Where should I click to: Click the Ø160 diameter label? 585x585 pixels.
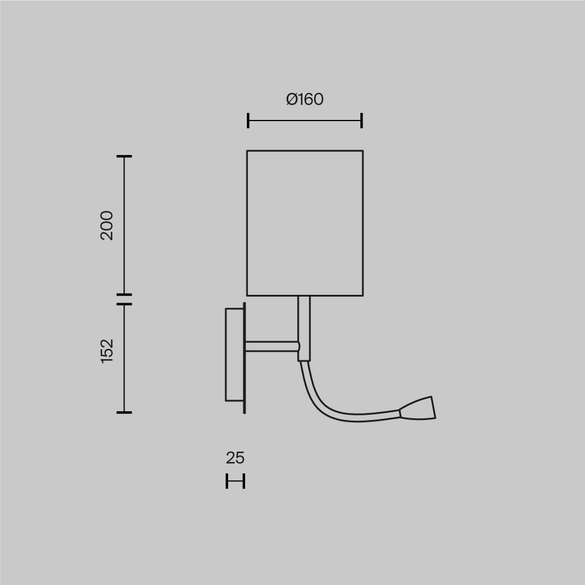coord(305,99)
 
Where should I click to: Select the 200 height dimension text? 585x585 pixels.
coord(107,225)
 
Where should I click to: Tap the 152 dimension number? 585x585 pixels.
coord(107,350)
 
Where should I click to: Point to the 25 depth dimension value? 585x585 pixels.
coord(235,458)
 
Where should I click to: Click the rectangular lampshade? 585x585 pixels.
coord(305,223)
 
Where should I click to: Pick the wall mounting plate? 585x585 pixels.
coord(234,355)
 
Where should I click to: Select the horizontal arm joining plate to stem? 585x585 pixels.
coord(271,346)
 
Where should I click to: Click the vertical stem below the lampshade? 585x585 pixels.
coord(304,328)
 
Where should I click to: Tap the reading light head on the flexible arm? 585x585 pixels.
coord(419,408)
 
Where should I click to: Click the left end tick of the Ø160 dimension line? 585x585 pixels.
coord(248,121)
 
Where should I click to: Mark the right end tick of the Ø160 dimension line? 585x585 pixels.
coord(362,121)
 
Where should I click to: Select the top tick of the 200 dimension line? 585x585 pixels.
coord(124,157)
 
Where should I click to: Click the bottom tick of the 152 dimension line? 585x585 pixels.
coord(124,412)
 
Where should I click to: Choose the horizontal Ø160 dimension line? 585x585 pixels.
coord(305,121)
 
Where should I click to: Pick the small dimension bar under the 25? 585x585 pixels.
coord(235,481)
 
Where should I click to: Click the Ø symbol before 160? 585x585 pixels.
coord(292,99)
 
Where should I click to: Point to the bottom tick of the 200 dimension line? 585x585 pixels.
coord(124,294)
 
